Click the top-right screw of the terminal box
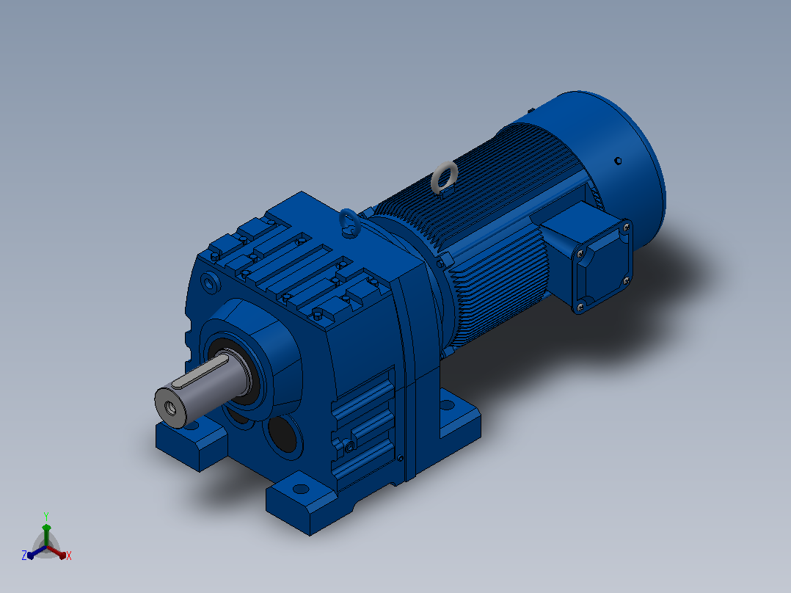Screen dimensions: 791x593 pyautogui.click(x=627, y=227)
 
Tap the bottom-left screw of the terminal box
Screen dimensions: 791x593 pyautogui.click(x=579, y=306)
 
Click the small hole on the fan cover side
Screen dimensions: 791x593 pyautogui.click(x=618, y=161)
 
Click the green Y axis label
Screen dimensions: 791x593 pyautogui.click(x=46, y=516)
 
